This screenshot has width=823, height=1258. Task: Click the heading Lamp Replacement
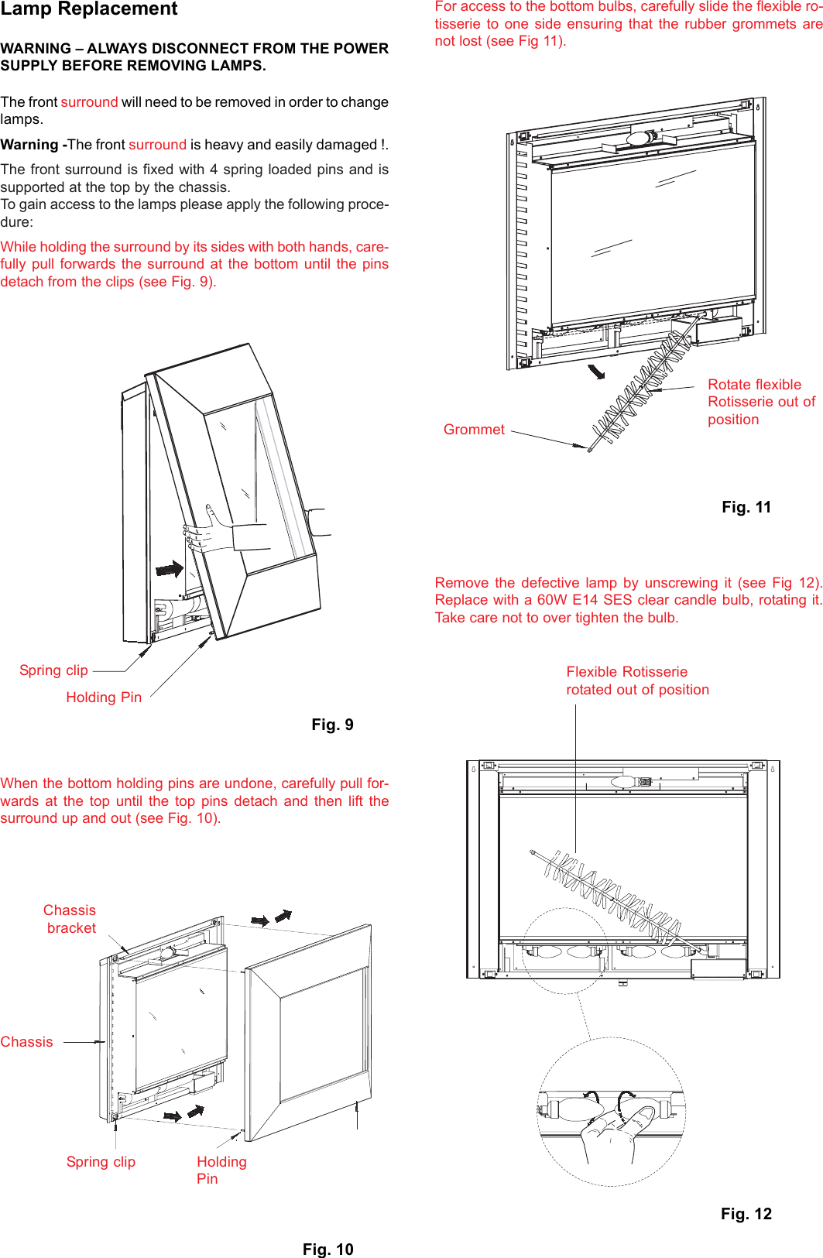89,9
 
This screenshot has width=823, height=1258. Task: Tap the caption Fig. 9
332,725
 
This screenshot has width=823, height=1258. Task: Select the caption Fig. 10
327,1249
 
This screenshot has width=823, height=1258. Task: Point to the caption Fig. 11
746,507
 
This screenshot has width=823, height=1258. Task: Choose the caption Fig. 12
746,1214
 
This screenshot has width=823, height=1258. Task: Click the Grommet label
474,430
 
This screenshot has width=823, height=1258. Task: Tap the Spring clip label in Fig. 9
53,670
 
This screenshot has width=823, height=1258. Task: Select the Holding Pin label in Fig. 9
104,698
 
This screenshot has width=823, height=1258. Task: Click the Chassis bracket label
70,919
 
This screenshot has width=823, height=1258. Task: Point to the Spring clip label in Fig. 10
101,1162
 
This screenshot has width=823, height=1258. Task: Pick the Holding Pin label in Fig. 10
221,1171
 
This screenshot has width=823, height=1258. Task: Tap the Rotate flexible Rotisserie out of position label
761,402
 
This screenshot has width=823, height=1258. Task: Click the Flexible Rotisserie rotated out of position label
637,680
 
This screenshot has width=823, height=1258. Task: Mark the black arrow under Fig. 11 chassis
596,372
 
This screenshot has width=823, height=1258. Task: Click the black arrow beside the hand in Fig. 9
170,570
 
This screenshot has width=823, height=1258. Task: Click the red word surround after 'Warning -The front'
157,145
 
